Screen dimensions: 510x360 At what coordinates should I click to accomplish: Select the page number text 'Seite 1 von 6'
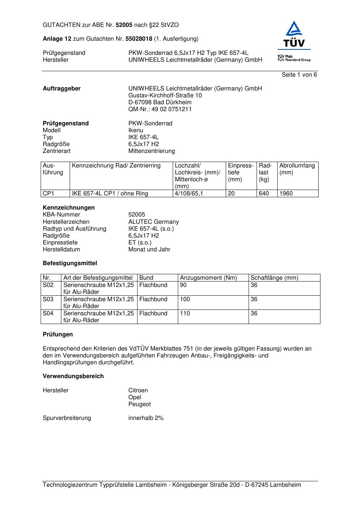coord(299,75)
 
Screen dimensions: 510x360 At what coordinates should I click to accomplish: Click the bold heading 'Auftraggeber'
coord(62,89)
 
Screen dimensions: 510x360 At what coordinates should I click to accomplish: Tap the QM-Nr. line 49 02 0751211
coord(160,109)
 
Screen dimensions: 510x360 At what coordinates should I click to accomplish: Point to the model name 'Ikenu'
coord(136,130)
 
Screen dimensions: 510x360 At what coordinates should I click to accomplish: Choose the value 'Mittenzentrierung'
coord(151,151)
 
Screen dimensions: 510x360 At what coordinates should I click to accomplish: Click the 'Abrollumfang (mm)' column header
coord(297,169)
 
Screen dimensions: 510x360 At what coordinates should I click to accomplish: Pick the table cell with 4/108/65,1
coord(189,194)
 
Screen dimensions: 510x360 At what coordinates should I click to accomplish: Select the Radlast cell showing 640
coord(264,194)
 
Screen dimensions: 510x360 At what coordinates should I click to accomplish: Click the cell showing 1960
coord(286,194)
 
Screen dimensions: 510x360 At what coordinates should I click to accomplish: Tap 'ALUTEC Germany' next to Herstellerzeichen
coord(154,222)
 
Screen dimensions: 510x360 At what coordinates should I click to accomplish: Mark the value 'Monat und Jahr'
coord(149,250)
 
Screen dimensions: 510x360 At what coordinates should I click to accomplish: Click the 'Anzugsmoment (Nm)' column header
coord(208,278)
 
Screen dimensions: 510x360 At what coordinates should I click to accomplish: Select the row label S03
coord(48,299)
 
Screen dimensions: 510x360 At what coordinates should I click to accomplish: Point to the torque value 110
coord(185,313)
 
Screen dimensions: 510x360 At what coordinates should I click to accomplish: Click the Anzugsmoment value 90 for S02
coord(183,285)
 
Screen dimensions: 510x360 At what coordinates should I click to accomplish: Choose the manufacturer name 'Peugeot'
coord(139,404)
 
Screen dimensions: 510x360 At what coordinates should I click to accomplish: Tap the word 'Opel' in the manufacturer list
coord(135,397)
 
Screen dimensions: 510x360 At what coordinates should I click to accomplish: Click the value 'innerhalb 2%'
coord(146,418)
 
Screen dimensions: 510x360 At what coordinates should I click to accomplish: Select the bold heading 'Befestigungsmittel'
coord(70,263)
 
